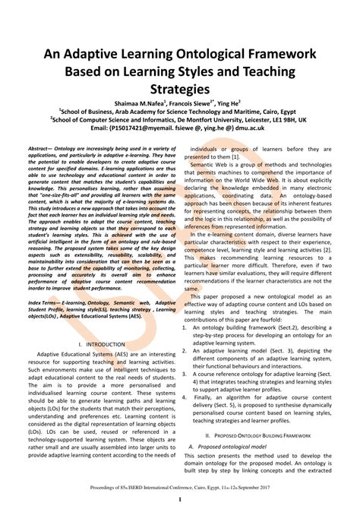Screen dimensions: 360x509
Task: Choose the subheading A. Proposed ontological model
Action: pos(235,446)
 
